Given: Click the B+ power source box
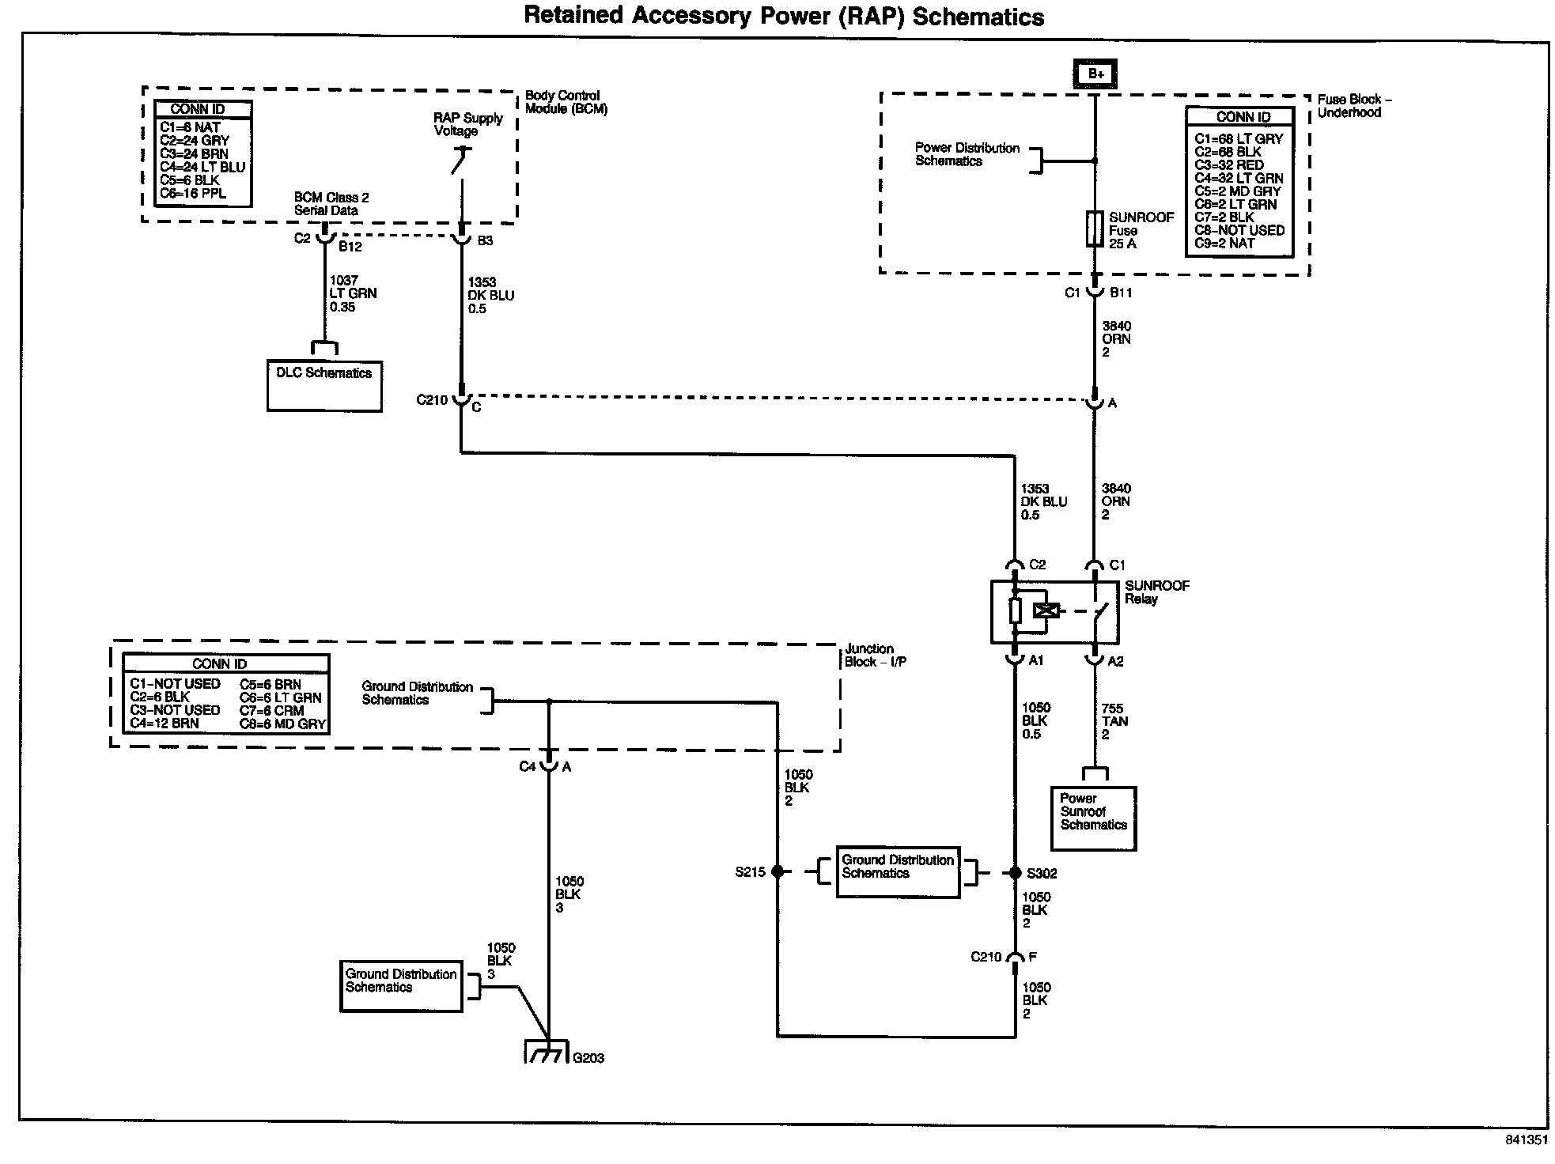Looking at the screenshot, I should tap(1095, 74).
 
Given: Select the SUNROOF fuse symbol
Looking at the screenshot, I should tap(1095, 229).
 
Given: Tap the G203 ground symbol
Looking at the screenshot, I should tap(547, 1055).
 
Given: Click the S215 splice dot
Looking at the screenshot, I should tap(777, 872).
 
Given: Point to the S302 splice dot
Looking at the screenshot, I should tap(1015, 873).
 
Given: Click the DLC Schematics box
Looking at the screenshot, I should tap(324, 386).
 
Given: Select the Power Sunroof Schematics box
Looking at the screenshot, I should tap(1093, 818).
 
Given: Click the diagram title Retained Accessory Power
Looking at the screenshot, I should tap(784, 16).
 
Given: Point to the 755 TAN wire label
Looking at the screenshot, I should tap(1114, 721).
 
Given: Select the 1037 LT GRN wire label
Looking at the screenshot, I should tap(352, 293).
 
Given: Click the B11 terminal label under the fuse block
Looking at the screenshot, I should tap(1121, 293).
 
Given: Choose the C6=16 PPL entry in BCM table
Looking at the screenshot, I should tap(192, 194).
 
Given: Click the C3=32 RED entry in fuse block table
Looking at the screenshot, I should tap(1228, 165).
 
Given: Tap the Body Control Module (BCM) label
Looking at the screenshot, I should tap(566, 102).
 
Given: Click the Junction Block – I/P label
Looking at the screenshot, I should tap(875, 655).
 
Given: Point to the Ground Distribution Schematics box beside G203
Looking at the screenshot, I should tap(402, 985).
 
